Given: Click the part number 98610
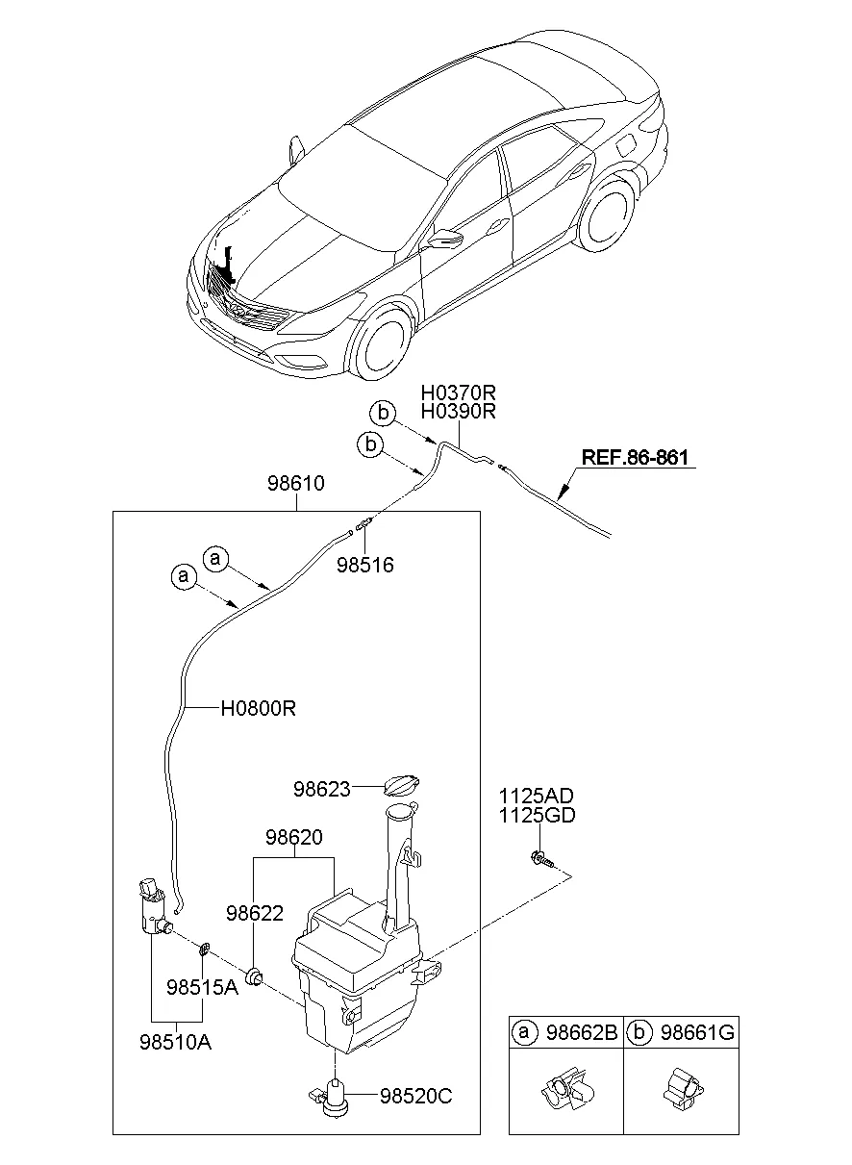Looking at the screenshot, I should [295, 484].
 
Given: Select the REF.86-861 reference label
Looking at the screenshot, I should [634, 458].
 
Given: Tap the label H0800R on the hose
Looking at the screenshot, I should [257, 709].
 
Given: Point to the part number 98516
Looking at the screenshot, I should [364, 566].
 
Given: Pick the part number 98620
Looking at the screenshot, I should [293, 838].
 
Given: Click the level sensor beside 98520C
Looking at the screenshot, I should [333, 1096].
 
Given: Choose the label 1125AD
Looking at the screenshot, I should [536, 797].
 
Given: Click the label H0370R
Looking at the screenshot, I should [457, 393].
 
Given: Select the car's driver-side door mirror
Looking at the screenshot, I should [444, 239].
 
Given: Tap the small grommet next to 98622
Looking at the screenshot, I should [256, 978].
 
